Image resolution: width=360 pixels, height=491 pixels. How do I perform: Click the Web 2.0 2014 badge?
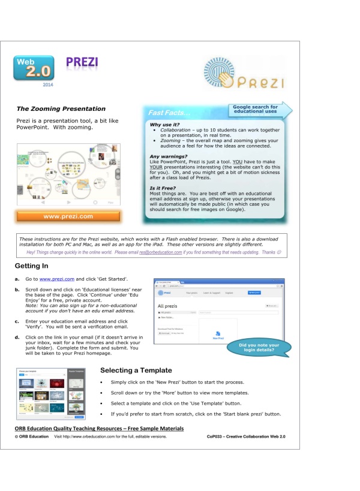pyautogui.click(x=34, y=71)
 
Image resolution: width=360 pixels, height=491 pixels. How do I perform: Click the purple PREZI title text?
pyautogui.click(x=83, y=63)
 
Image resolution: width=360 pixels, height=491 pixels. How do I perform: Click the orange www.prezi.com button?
pyautogui.click(x=68, y=216)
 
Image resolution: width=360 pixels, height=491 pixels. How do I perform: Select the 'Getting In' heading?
pyautogui.click(x=35, y=266)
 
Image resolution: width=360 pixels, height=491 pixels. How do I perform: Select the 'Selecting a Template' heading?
pyautogui.click(x=136, y=370)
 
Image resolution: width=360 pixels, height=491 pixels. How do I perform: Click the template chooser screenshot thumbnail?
pyautogui.click(x=50, y=392)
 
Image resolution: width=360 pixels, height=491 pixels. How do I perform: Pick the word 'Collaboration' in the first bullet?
pyautogui.click(x=176, y=130)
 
